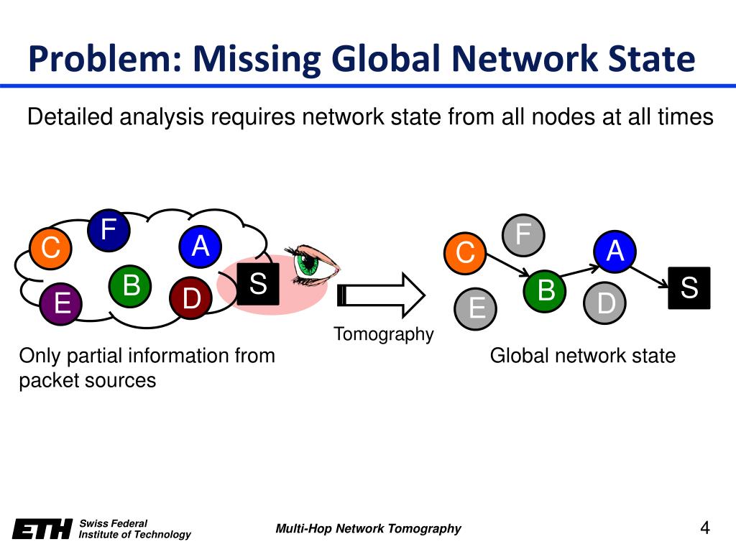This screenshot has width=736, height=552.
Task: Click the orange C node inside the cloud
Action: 50,249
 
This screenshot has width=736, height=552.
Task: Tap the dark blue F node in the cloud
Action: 109,231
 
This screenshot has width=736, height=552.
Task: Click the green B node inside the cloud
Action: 131,285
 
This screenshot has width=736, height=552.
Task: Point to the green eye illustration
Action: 312,263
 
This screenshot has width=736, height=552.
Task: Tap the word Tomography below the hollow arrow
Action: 384,334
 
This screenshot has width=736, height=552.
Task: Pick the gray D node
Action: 607,303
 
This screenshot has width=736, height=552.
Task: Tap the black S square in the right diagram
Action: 689,288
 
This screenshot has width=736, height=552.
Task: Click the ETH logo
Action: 42,529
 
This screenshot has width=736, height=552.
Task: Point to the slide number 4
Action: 704,528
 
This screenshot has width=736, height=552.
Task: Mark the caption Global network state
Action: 582,356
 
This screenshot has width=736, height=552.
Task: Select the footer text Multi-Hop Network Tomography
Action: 368,529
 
